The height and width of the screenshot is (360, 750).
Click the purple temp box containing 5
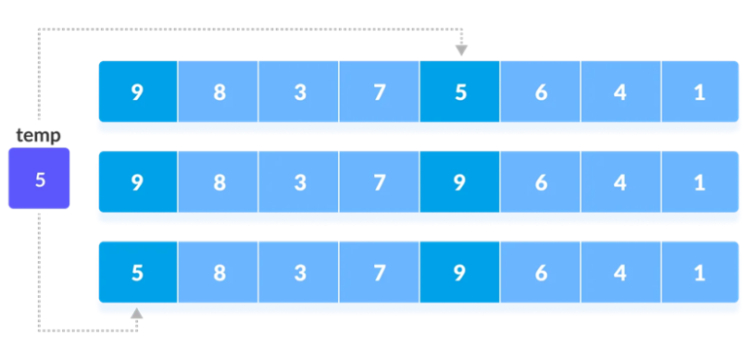click(39, 178)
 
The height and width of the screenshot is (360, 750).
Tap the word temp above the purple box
click(39, 136)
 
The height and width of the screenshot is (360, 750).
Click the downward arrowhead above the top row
click(460, 50)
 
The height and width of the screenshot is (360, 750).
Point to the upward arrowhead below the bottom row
click(137, 316)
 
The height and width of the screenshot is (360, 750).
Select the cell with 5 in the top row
click(460, 93)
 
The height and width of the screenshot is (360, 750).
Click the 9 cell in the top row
click(137, 93)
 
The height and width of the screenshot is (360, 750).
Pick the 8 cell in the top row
click(219, 93)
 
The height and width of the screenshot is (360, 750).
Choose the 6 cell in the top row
click(541, 93)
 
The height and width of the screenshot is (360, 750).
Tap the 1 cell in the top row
click(701, 93)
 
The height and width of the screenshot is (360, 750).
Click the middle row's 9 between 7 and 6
click(460, 182)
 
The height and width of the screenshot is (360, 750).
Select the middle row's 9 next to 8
click(137, 182)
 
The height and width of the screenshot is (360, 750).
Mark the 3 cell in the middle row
click(299, 182)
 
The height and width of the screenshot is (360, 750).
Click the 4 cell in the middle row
click(621, 182)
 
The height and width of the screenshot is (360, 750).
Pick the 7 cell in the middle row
click(380, 182)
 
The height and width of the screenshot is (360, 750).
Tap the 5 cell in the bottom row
click(137, 273)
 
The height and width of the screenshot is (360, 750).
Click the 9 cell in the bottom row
click(460, 273)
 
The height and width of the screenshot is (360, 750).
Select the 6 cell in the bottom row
click(541, 273)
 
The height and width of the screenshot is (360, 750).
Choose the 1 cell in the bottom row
click(701, 273)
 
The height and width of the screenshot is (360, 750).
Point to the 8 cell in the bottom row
click(219, 273)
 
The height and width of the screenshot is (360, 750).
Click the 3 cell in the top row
click(299, 93)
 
